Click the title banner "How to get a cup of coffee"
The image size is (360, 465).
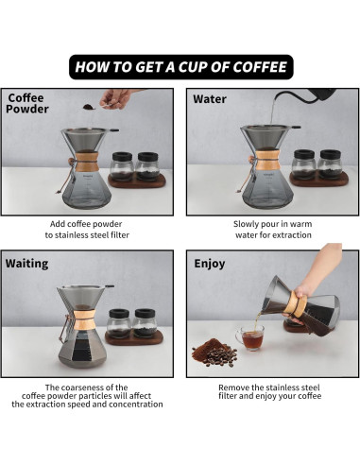pos(180,67)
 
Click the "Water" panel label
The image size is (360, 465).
pos(209,98)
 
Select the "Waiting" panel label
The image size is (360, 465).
pos(27,264)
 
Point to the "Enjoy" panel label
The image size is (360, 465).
pos(209,264)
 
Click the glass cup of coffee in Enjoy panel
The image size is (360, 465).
pos(249,337)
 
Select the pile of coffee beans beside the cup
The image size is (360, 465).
pos(213,353)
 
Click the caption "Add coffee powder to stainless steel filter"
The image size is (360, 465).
pos(90,229)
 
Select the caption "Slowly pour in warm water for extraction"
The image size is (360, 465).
pos(271,229)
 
